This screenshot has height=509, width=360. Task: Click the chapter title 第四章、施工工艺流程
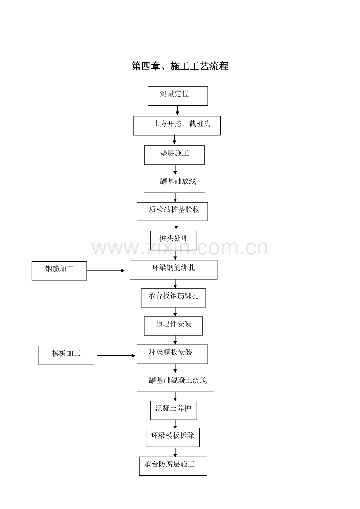point(180,66)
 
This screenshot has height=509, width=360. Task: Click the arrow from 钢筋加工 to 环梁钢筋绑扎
point(106,271)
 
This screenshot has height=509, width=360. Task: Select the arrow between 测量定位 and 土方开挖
point(178,110)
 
